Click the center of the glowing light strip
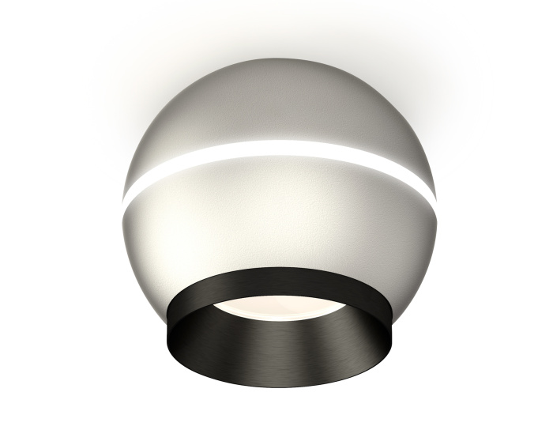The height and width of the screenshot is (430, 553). click(276, 147)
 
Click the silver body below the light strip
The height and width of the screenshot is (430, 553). click(276, 213)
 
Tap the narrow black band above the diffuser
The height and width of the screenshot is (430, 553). click(276, 281)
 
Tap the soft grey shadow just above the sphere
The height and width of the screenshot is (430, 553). click(276, 43)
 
